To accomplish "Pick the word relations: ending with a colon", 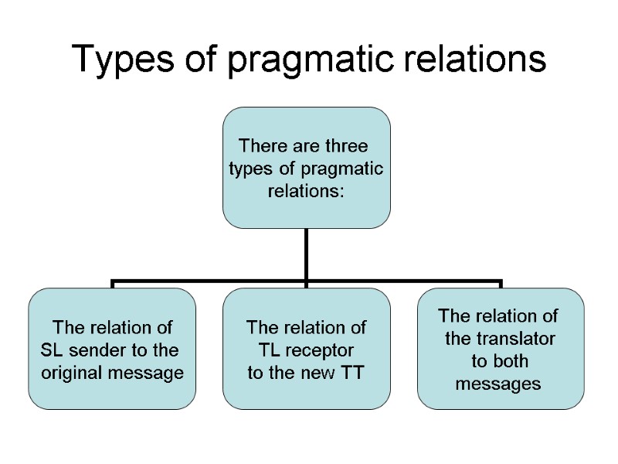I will [x=306, y=191].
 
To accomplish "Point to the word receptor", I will [x=318, y=351].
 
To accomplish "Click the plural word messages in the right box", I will [x=498, y=384].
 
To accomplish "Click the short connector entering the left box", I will [x=112, y=285].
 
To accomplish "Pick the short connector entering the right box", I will [x=501, y=285].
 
